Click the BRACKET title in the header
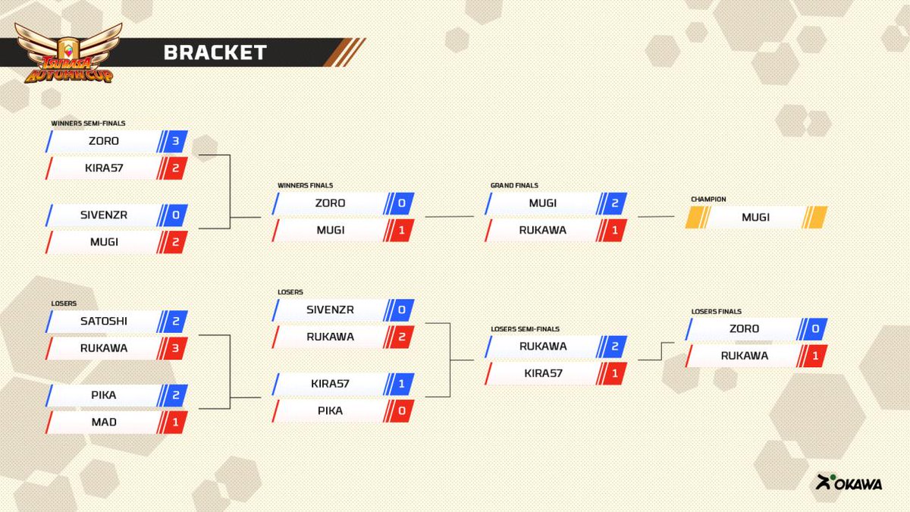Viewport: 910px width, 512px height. pos(215,52)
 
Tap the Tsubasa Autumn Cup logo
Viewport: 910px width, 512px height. pos(68,53)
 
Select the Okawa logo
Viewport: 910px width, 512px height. pos(849,482)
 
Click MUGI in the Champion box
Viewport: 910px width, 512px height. pos(755,217)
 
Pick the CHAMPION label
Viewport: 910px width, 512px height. pos(708,199)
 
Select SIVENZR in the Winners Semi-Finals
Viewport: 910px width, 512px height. pos(104,215)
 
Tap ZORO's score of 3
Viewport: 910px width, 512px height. pos(174,141)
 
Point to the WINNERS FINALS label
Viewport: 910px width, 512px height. pos(305,185)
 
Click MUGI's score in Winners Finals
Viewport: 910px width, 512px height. pos(400,230)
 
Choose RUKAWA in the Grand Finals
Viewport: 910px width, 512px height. pos(542,230)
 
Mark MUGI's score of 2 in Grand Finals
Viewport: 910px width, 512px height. pos(614,203)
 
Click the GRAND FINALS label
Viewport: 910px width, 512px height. pos(514,185)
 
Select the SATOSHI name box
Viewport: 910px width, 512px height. pos(104,322)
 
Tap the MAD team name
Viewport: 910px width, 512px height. pos(104,422)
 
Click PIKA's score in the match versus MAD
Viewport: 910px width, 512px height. pos(174,395)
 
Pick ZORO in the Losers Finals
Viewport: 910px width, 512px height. pos(744,329)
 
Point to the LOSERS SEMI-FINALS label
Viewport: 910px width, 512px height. pos(526,329)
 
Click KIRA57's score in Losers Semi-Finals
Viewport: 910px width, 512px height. pos(614,373)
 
